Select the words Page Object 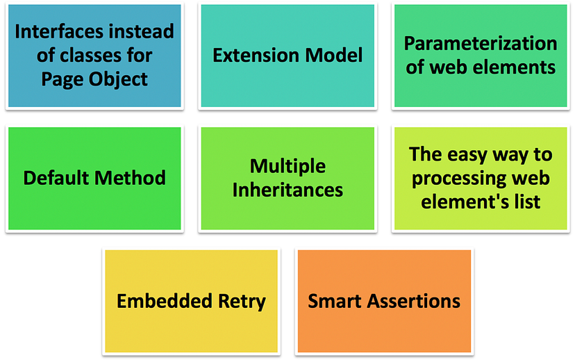pos(94,79)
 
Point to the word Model pos(337,55)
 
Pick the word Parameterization pos(481,44)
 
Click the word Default pos(56,177)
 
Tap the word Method pos(131,177)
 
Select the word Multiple pos(287,166)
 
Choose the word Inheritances pos(287,190)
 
